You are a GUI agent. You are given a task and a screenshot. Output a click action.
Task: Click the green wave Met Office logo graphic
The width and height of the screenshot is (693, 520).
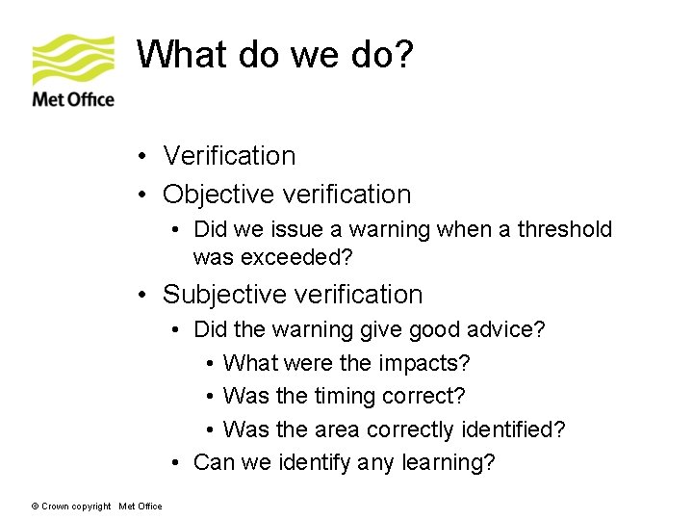tap(73, 60)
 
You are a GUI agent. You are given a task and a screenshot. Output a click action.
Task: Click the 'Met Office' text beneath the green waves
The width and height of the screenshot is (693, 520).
tap(73, 99)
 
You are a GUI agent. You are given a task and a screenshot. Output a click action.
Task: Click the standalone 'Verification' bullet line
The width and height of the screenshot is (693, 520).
tap(229, 156)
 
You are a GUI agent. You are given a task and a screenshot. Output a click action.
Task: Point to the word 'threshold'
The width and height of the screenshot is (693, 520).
tap(565, 229)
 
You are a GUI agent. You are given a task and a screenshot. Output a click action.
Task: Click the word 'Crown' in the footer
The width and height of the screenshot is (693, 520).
tap(55, 507)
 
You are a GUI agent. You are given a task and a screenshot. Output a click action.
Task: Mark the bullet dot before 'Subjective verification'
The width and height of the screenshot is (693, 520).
tap(141, 295)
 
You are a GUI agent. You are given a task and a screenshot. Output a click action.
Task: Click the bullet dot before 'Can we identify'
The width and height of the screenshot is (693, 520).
tap(177, 462)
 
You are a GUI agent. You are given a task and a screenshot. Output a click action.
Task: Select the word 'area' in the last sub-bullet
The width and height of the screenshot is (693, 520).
tap(339, 429)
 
